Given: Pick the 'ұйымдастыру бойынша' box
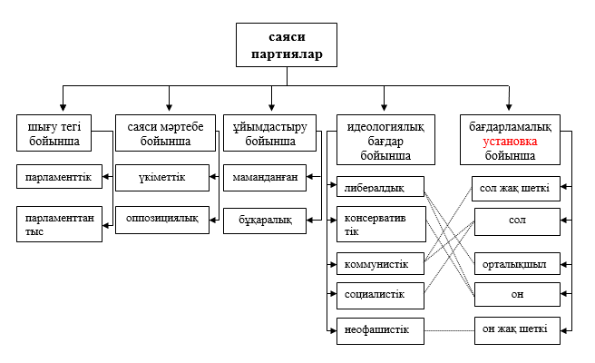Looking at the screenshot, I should (271, 133).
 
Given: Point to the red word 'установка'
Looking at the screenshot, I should (509, 142).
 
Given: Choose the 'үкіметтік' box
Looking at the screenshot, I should (162, 177).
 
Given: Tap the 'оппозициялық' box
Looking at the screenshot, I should (162, 219).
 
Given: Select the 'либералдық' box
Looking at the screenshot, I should (379, 189).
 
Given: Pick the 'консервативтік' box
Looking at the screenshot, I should (379, 224).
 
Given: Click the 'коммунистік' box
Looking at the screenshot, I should (379, 265).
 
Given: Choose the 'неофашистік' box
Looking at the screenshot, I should (379, 329).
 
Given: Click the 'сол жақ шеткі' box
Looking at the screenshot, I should (516, 189).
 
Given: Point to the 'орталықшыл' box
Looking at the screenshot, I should (516, 265).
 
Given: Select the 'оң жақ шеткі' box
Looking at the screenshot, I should (516, 329).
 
